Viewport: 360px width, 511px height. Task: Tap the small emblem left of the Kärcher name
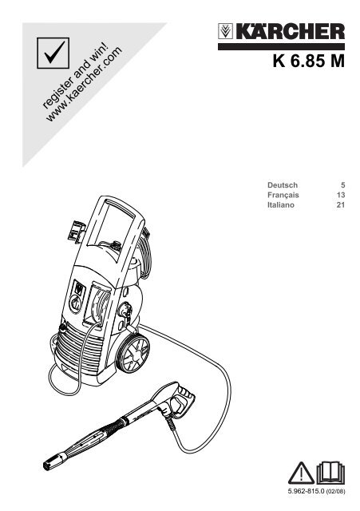[225, 31]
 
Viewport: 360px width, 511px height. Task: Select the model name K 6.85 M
[309, 61]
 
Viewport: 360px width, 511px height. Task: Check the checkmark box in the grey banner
[53, 53]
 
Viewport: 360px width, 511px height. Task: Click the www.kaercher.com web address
[85, 85]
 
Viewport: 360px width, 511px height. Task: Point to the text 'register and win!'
[75, 75]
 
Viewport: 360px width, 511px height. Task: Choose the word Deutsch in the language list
[283, 185]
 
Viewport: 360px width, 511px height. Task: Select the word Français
[283, 195]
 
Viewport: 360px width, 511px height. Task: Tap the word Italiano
[281, 205]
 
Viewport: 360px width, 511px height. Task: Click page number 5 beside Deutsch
[342, 185]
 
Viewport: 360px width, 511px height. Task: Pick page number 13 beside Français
[341, 195]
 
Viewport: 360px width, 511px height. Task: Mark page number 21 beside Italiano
[341, 205]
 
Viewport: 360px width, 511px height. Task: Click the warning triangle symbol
[302, 473]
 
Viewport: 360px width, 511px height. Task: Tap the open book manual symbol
[330, 473]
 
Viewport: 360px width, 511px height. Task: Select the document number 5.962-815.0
[307, 491]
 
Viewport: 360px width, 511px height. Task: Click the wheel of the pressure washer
[133, 353]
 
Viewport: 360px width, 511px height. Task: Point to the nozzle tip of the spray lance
[49, 465]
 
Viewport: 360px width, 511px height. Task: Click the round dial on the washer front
[75, 304]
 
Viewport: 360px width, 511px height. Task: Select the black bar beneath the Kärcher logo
[281, 46]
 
